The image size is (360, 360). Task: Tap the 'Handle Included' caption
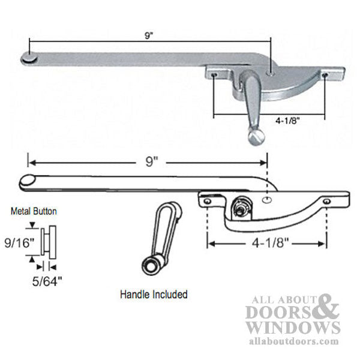click(154, 295)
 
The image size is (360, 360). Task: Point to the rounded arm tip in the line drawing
click(28, 180)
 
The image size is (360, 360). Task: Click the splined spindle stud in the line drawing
click(239, 209)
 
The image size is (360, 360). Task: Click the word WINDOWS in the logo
click(293, 327)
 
